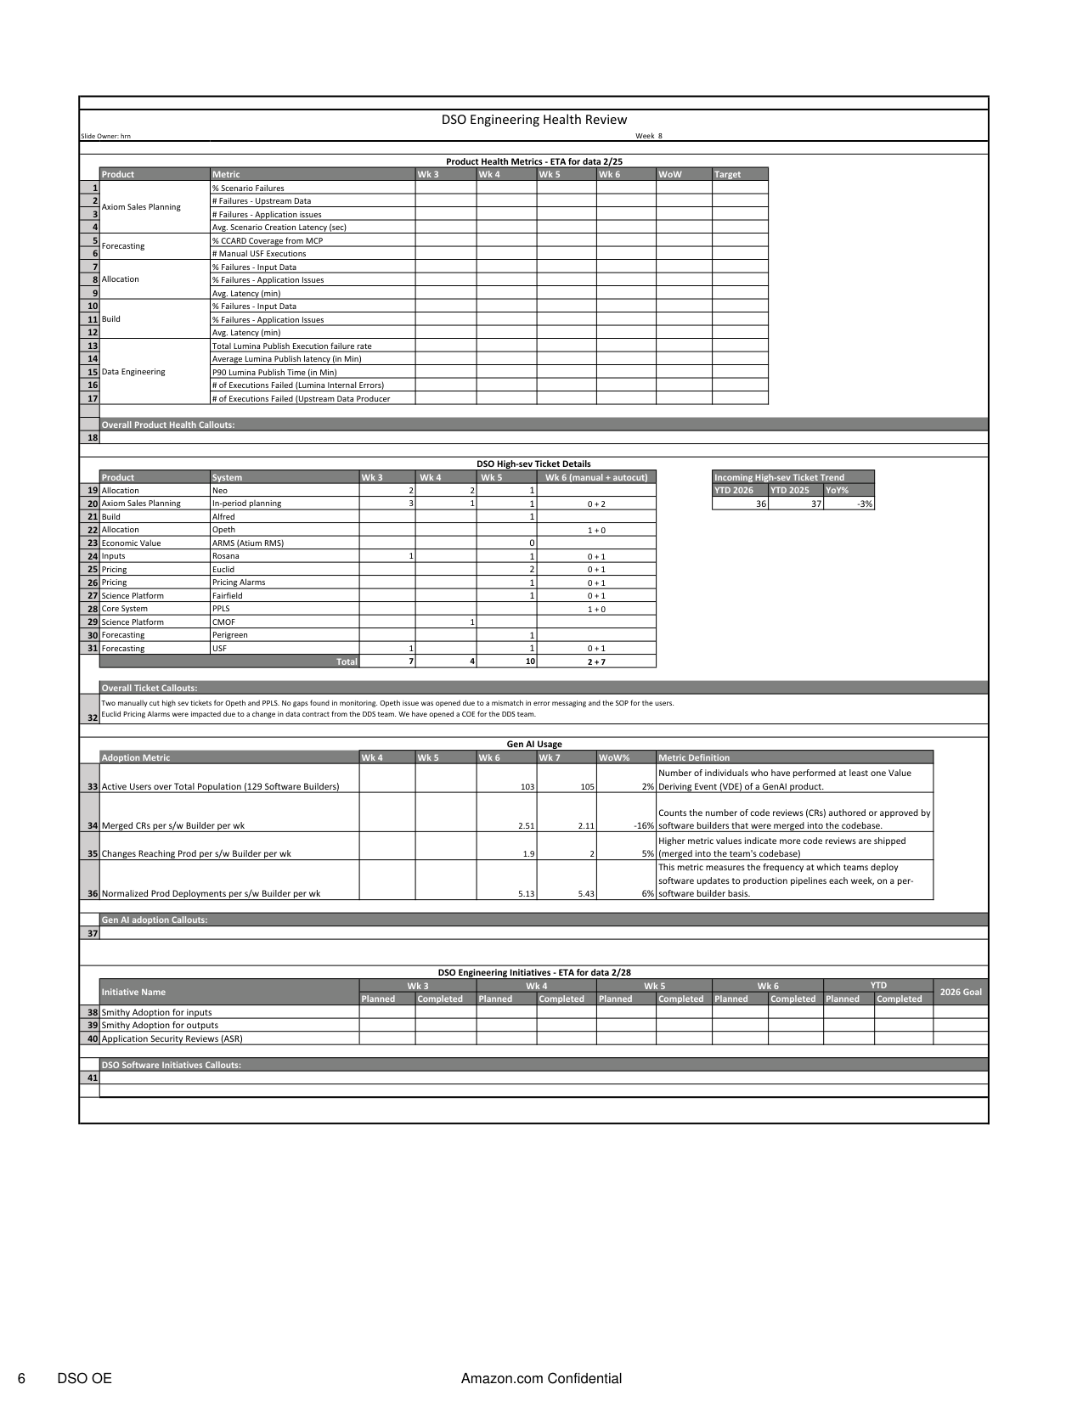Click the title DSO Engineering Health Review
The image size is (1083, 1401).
tap(533, 120)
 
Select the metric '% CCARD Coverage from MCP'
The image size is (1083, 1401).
tap(267, 241)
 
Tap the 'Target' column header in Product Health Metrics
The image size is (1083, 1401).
tap(727, 175)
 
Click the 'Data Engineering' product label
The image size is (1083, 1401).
tap(133, 372)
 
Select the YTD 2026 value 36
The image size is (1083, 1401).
tap(760, 504)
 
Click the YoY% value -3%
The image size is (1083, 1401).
tap(865, 504)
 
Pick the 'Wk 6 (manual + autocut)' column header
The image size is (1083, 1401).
tap(596, 477)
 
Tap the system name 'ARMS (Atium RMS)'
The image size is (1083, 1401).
tap(248, 543)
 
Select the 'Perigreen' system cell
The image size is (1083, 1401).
tap(230, 635)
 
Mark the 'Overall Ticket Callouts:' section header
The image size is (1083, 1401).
tap(149, 689)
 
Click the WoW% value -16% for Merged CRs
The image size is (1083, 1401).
tap(642, 825)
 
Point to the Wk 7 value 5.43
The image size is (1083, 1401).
tap(585, 894)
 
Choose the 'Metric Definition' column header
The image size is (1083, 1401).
tap(693, 757)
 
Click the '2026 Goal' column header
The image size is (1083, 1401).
tap(961, 992)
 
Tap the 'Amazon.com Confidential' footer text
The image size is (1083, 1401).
tap(541, 1379)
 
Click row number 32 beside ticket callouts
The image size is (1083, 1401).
tap(93, 717)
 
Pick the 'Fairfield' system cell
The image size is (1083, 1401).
tap(228, 596)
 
